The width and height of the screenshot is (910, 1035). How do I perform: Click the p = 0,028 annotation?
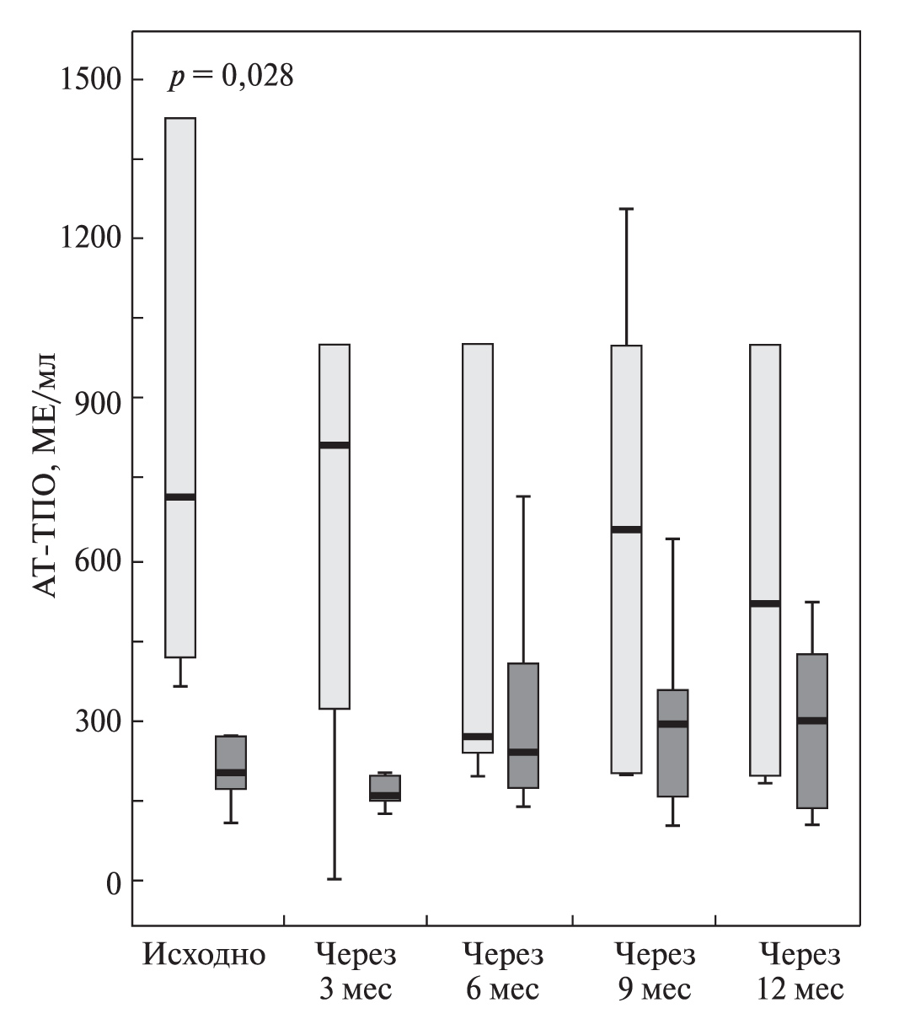coord(230,78)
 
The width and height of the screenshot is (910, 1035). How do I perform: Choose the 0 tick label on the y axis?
coord(111,882)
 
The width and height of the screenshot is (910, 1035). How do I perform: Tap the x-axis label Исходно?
coord(205,956)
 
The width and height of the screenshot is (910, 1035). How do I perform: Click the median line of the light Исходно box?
coord(180,497)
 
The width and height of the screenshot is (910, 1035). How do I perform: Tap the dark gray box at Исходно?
coord(231,762)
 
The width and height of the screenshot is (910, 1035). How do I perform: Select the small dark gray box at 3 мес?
coord(385,788)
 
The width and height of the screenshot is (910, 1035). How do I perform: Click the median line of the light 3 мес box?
coord(335,445)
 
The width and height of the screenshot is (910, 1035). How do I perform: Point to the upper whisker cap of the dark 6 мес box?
coord(523,497)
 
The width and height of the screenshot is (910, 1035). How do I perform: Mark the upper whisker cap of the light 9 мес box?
coord(626,208)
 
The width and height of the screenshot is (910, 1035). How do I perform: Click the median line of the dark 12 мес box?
coord(812,721)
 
